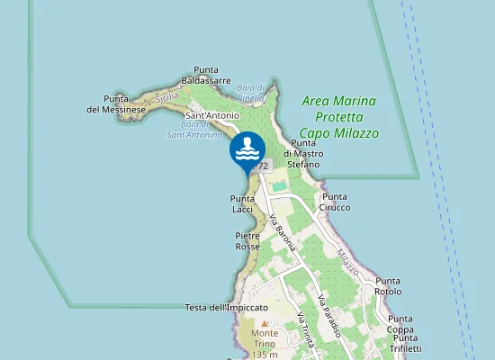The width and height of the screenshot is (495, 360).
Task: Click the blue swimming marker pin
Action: (247, 150)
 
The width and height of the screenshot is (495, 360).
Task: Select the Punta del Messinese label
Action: (125, 103)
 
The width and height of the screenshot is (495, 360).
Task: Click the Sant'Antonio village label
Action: (211, 115)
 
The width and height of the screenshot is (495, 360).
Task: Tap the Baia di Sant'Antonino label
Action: (194, 130)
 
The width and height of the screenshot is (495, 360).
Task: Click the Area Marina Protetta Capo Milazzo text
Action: (339, 117)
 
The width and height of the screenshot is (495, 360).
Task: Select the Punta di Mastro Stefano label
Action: (303, 154)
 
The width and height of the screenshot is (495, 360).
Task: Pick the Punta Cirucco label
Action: (336, 202)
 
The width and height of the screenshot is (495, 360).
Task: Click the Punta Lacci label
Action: (242, 203)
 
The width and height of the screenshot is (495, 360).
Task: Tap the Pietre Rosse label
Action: (247, 240)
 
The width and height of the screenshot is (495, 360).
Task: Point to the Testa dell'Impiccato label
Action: (220, 308)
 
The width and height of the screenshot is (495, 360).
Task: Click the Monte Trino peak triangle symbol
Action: (264, 322)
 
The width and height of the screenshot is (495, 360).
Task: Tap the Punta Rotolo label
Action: (389, 286)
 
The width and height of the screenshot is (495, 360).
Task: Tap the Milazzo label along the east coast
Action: (347, 263)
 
